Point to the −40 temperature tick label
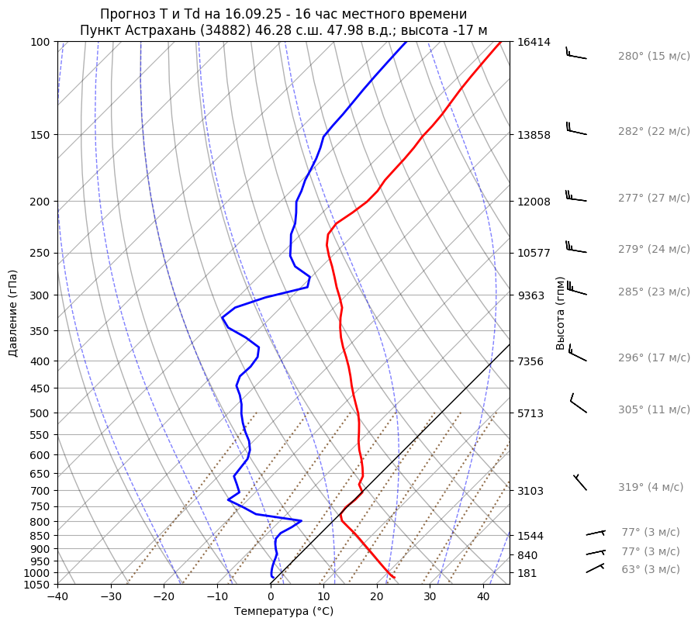click(x=57, y=597)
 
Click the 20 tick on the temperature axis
click(x=377, y=597)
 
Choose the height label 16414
click(x=534, y=42)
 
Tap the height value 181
click(x=527, y=573)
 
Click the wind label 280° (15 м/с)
click(x=654, y=57)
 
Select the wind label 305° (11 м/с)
click(x=654, y=409)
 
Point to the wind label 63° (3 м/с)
click(x=650, y=569)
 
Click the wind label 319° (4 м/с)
click(x=651, y=487)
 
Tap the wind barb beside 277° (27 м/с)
click(x=575, y=196)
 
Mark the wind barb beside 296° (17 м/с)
click(x=577, y=353)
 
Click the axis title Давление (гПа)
click(x=13, y=313)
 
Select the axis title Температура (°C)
click(x=284, y=612)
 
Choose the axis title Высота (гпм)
click(x=560, y=312)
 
